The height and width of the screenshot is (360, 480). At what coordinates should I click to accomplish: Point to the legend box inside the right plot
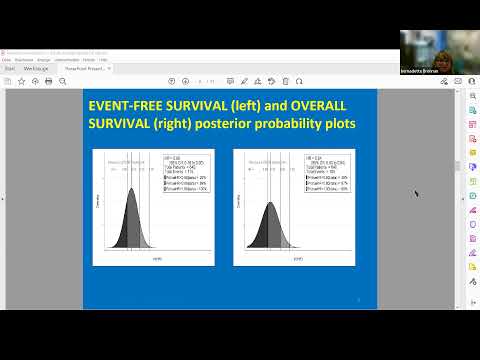coord(326,176)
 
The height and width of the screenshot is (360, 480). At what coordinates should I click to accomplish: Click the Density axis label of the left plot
coord(97,201)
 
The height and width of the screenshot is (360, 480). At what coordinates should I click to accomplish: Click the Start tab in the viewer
coord(8,69)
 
